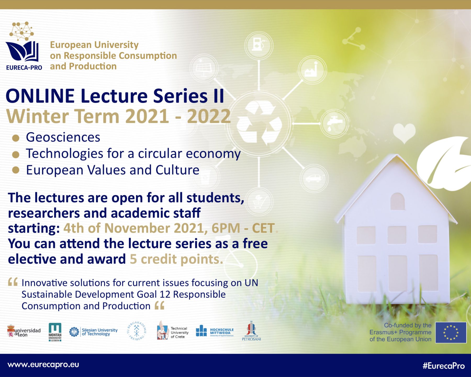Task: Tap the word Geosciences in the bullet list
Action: (63, 137)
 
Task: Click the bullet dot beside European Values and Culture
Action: (16, 170)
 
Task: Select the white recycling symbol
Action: (259, 123)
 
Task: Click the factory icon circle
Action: (312, 70)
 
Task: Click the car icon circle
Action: (314, 178)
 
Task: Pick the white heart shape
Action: (404, 132)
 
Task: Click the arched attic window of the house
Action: (397, 201)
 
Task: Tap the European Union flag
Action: (451, 333)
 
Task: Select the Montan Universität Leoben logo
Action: (55, 332)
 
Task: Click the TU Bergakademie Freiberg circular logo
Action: (137, 331)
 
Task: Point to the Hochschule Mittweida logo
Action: (215, 331)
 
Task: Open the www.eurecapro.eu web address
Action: (43, 365)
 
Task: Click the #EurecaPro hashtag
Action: (444, 366)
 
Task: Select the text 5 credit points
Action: (176, 259)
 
